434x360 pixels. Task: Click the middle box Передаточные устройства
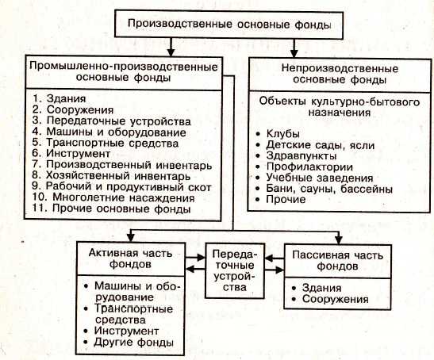click(x=233, y=271)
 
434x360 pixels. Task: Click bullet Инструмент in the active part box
click(x=126, y=330)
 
